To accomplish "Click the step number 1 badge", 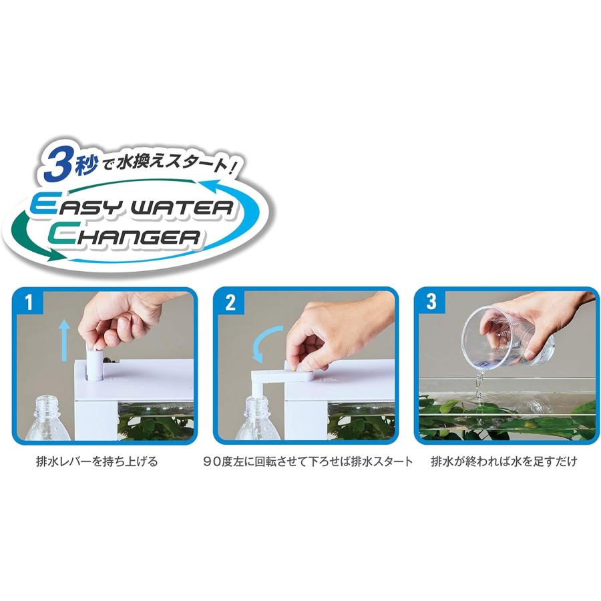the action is pyautogui.click(x=29, y=303).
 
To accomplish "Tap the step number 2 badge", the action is pyautogui.click(x=230, y=303).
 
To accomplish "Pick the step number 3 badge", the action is pyautogui.click(x=431, y=301).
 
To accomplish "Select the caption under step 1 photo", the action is pyautogui.click(x=97, y=461).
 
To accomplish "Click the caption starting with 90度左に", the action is pyautogui.click(x=308, y=461).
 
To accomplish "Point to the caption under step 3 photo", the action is pyautogui.click(x=504, y=461).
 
